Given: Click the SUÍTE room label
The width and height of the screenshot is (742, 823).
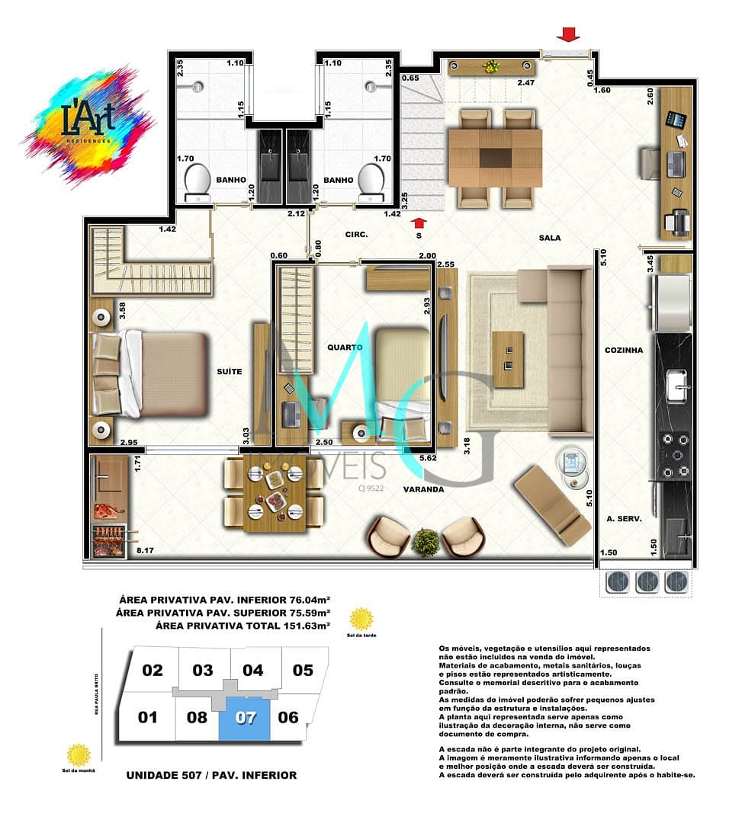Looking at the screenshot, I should coord(229,371).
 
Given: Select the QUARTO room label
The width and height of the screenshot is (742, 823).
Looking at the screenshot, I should coord(345,347).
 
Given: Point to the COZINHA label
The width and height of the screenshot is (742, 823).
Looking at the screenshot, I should coord(624,351).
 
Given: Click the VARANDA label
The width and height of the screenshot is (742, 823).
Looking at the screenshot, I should coord(425,489).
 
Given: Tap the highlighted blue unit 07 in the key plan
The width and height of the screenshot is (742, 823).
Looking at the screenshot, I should coord(245,718).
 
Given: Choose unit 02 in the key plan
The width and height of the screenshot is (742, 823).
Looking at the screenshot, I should coord(153,671).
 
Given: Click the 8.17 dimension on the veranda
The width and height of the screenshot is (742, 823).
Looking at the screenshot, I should coord(145,547).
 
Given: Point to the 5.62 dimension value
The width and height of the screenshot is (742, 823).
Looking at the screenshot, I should coord(428,459).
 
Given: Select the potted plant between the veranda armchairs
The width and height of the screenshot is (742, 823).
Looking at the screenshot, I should coord(426,543).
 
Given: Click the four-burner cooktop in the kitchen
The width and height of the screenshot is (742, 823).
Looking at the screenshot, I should coord(674,455).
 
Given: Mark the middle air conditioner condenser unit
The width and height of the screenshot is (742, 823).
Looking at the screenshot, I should coord(647,582).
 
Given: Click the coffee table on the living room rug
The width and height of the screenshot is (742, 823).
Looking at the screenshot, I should coord(507,360).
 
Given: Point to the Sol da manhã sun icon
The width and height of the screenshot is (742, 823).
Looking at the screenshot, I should coord(79,755).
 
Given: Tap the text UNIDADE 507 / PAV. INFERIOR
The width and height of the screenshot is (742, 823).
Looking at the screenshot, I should coord(211,775).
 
